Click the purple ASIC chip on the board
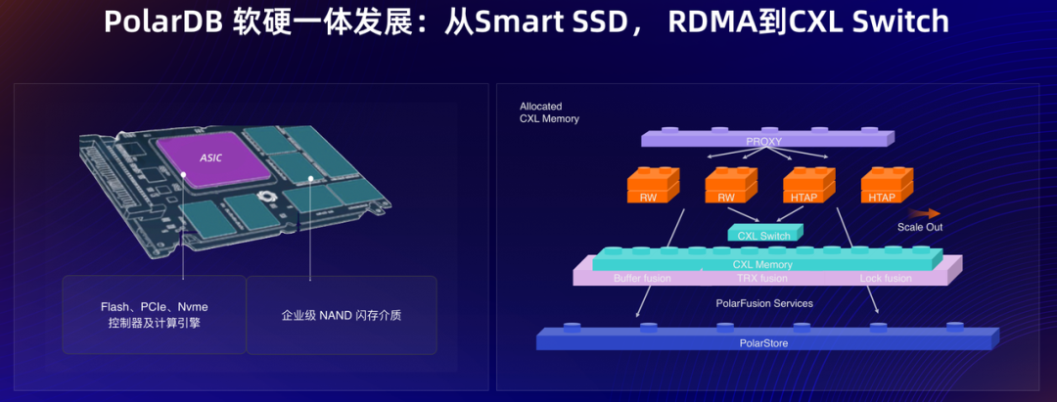point(211,158)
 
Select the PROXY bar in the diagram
point(763,141)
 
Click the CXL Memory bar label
point(762,264)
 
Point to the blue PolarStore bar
point(762,342)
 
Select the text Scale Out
point(920,228)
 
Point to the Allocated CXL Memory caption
point(549,112)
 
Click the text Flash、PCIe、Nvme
point(154,306)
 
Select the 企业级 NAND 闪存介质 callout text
point(341,315)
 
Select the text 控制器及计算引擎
point(154,323)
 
